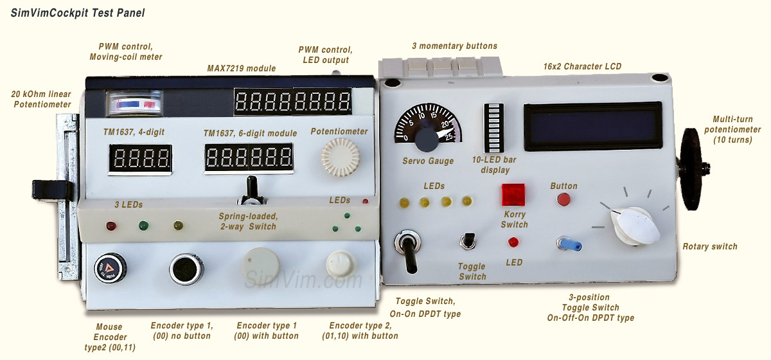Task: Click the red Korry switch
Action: tap(513, 194)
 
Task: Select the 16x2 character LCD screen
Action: tap(592, 127)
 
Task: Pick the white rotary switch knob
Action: tap(632, 225)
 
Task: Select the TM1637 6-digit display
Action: tap(249, 158)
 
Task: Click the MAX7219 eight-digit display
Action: tap(292, 102)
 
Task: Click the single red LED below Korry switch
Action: tap(513, 242)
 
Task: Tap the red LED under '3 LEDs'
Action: tap(111, 226)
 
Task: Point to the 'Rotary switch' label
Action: tap(709, 247)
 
